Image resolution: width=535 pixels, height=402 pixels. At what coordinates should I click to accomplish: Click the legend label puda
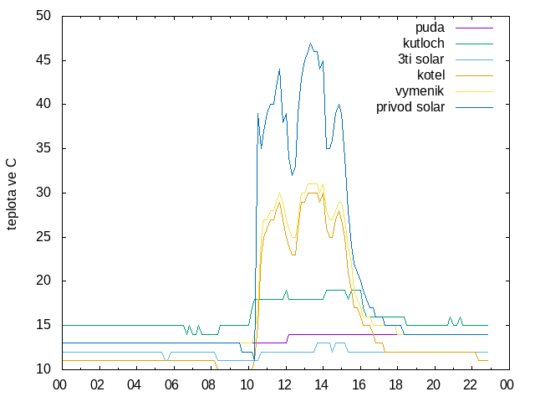point(430,28)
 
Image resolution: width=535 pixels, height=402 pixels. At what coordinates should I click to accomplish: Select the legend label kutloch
point(424,44)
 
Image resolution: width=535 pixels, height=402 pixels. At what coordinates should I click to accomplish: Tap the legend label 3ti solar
point(421,59)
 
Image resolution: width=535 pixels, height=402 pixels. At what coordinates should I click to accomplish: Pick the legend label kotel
point(431,75)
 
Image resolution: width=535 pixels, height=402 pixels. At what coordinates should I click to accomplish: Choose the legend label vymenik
point(420,91)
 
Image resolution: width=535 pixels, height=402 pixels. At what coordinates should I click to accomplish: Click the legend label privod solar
point(410,107)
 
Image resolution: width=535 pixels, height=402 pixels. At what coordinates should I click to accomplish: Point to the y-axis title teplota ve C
point(11,194)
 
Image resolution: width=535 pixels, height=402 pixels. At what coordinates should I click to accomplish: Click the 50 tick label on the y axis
point(43,16)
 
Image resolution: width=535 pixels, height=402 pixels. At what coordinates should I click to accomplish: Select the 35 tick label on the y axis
point(43,148)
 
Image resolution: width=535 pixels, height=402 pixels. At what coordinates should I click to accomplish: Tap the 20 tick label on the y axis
point(43,281)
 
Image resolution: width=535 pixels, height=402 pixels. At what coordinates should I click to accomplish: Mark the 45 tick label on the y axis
point(43,60)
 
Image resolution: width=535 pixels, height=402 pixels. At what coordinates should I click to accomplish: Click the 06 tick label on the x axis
point(171,385)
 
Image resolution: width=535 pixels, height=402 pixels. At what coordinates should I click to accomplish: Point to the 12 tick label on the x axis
point(283,385)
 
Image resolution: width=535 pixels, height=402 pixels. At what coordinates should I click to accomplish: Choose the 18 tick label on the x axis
point(395,385)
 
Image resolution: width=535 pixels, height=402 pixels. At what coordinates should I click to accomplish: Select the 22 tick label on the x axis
point(470,385)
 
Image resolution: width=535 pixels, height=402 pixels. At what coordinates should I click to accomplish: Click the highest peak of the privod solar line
point(310,43)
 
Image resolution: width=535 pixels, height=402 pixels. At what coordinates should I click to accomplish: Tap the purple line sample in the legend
point(474,28)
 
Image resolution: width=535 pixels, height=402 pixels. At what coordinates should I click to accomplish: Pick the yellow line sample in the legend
point(474,91)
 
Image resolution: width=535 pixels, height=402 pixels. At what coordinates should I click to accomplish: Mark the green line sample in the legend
point(474,44)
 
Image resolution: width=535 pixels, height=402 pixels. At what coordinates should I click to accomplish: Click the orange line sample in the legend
point(474,75)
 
